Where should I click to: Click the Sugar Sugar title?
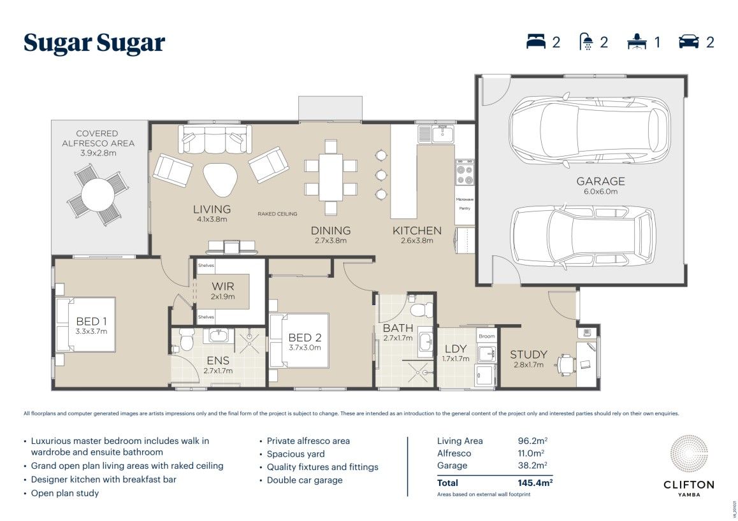pos(94,43)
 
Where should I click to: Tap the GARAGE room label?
pos(600,181)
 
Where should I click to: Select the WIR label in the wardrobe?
pos(222,287)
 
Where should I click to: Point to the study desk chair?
pos(565,364)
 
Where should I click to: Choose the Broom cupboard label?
pos(486,336)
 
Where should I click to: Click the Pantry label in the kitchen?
pos(464,208)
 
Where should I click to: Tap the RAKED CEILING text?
pos(277,214)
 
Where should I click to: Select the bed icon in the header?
pos(537,42)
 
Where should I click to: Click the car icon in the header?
pos(689,42)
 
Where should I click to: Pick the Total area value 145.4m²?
pos(535,483)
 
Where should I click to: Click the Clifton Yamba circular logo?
pos(689,455)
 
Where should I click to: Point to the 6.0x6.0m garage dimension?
pos(600,192)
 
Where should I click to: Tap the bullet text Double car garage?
pos(305,480)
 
